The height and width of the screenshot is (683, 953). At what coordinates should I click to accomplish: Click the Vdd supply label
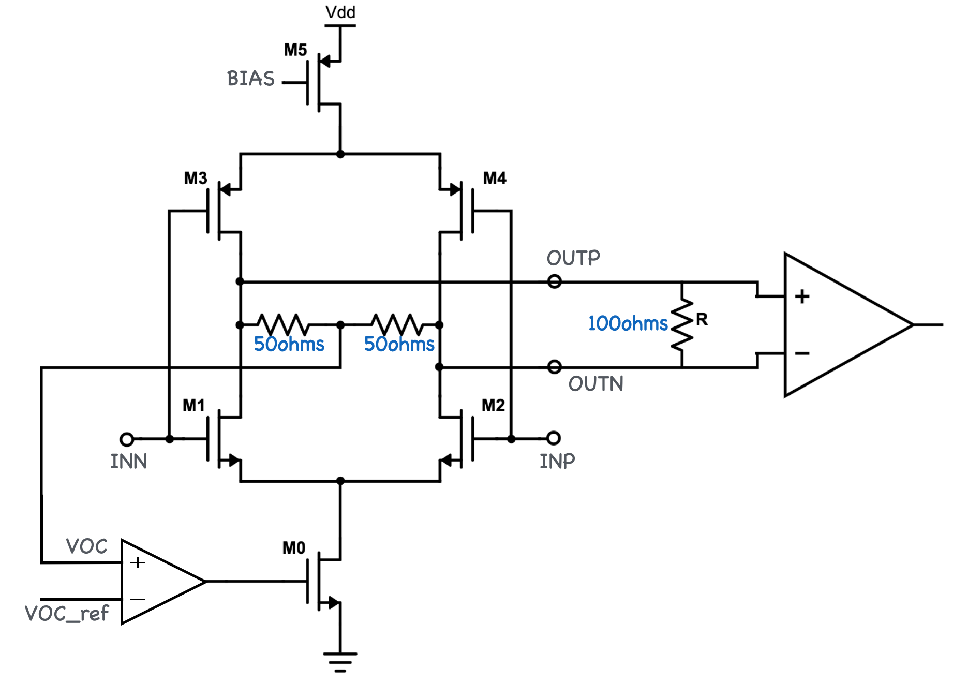(340, 12)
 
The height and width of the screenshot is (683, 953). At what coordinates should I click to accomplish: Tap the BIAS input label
(251, 79)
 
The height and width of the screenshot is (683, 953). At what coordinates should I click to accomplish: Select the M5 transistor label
(295, 50)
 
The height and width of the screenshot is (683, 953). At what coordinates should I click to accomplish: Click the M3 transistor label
(196, 179)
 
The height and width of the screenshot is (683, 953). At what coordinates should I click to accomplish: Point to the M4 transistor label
(495, 179)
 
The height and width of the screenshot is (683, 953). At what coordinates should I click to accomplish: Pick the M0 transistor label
(294, 548)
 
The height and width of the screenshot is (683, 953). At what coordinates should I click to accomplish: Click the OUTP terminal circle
(554, 282)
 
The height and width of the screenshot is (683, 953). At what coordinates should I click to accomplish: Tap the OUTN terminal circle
(554, 367)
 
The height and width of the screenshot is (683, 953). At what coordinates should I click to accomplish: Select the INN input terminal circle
(127, 439)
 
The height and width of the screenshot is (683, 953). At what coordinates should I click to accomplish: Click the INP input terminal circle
(554, 438)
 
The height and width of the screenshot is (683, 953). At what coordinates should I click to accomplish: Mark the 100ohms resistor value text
(628, 324)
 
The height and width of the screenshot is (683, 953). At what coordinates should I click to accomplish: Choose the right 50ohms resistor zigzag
(397, 324)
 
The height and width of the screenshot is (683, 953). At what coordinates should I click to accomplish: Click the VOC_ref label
(67, 614)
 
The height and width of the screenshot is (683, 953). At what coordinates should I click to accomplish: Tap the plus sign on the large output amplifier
(802, 296)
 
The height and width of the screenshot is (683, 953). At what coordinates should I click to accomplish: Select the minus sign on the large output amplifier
(802, 353)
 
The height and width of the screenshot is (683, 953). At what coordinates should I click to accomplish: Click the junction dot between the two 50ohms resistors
(340, 325)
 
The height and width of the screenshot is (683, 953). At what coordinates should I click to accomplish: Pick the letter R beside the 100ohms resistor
(702, 319)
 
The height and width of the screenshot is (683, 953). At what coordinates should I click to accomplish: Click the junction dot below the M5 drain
(340, 154)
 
